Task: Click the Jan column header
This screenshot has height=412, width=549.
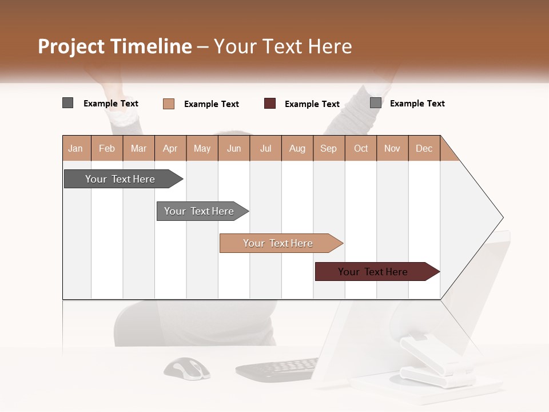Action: (x=76, y=149)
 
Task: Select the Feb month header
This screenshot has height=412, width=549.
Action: (x=107, y=149)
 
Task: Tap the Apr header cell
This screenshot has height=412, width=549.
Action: (x=170, y=149)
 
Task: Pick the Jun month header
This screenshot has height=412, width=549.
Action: (x=234, y=149)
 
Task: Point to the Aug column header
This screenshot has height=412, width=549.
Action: (x=297, y=149)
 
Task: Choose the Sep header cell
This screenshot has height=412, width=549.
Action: (x=329, y=149)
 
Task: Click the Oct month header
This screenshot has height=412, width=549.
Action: (x=361, y=149)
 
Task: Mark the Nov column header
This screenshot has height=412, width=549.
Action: (x=392, y=149)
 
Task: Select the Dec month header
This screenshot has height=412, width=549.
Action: (x=424, y=149)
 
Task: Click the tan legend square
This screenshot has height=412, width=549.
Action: (x=169, y=104)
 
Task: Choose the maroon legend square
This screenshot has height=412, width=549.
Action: (x=270, y=103)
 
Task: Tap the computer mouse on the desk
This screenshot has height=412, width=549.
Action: (x=187, y=368)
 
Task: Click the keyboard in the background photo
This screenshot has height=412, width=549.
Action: (x=277, y=370)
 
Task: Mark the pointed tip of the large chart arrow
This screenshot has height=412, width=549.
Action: (x=503, y=217)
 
